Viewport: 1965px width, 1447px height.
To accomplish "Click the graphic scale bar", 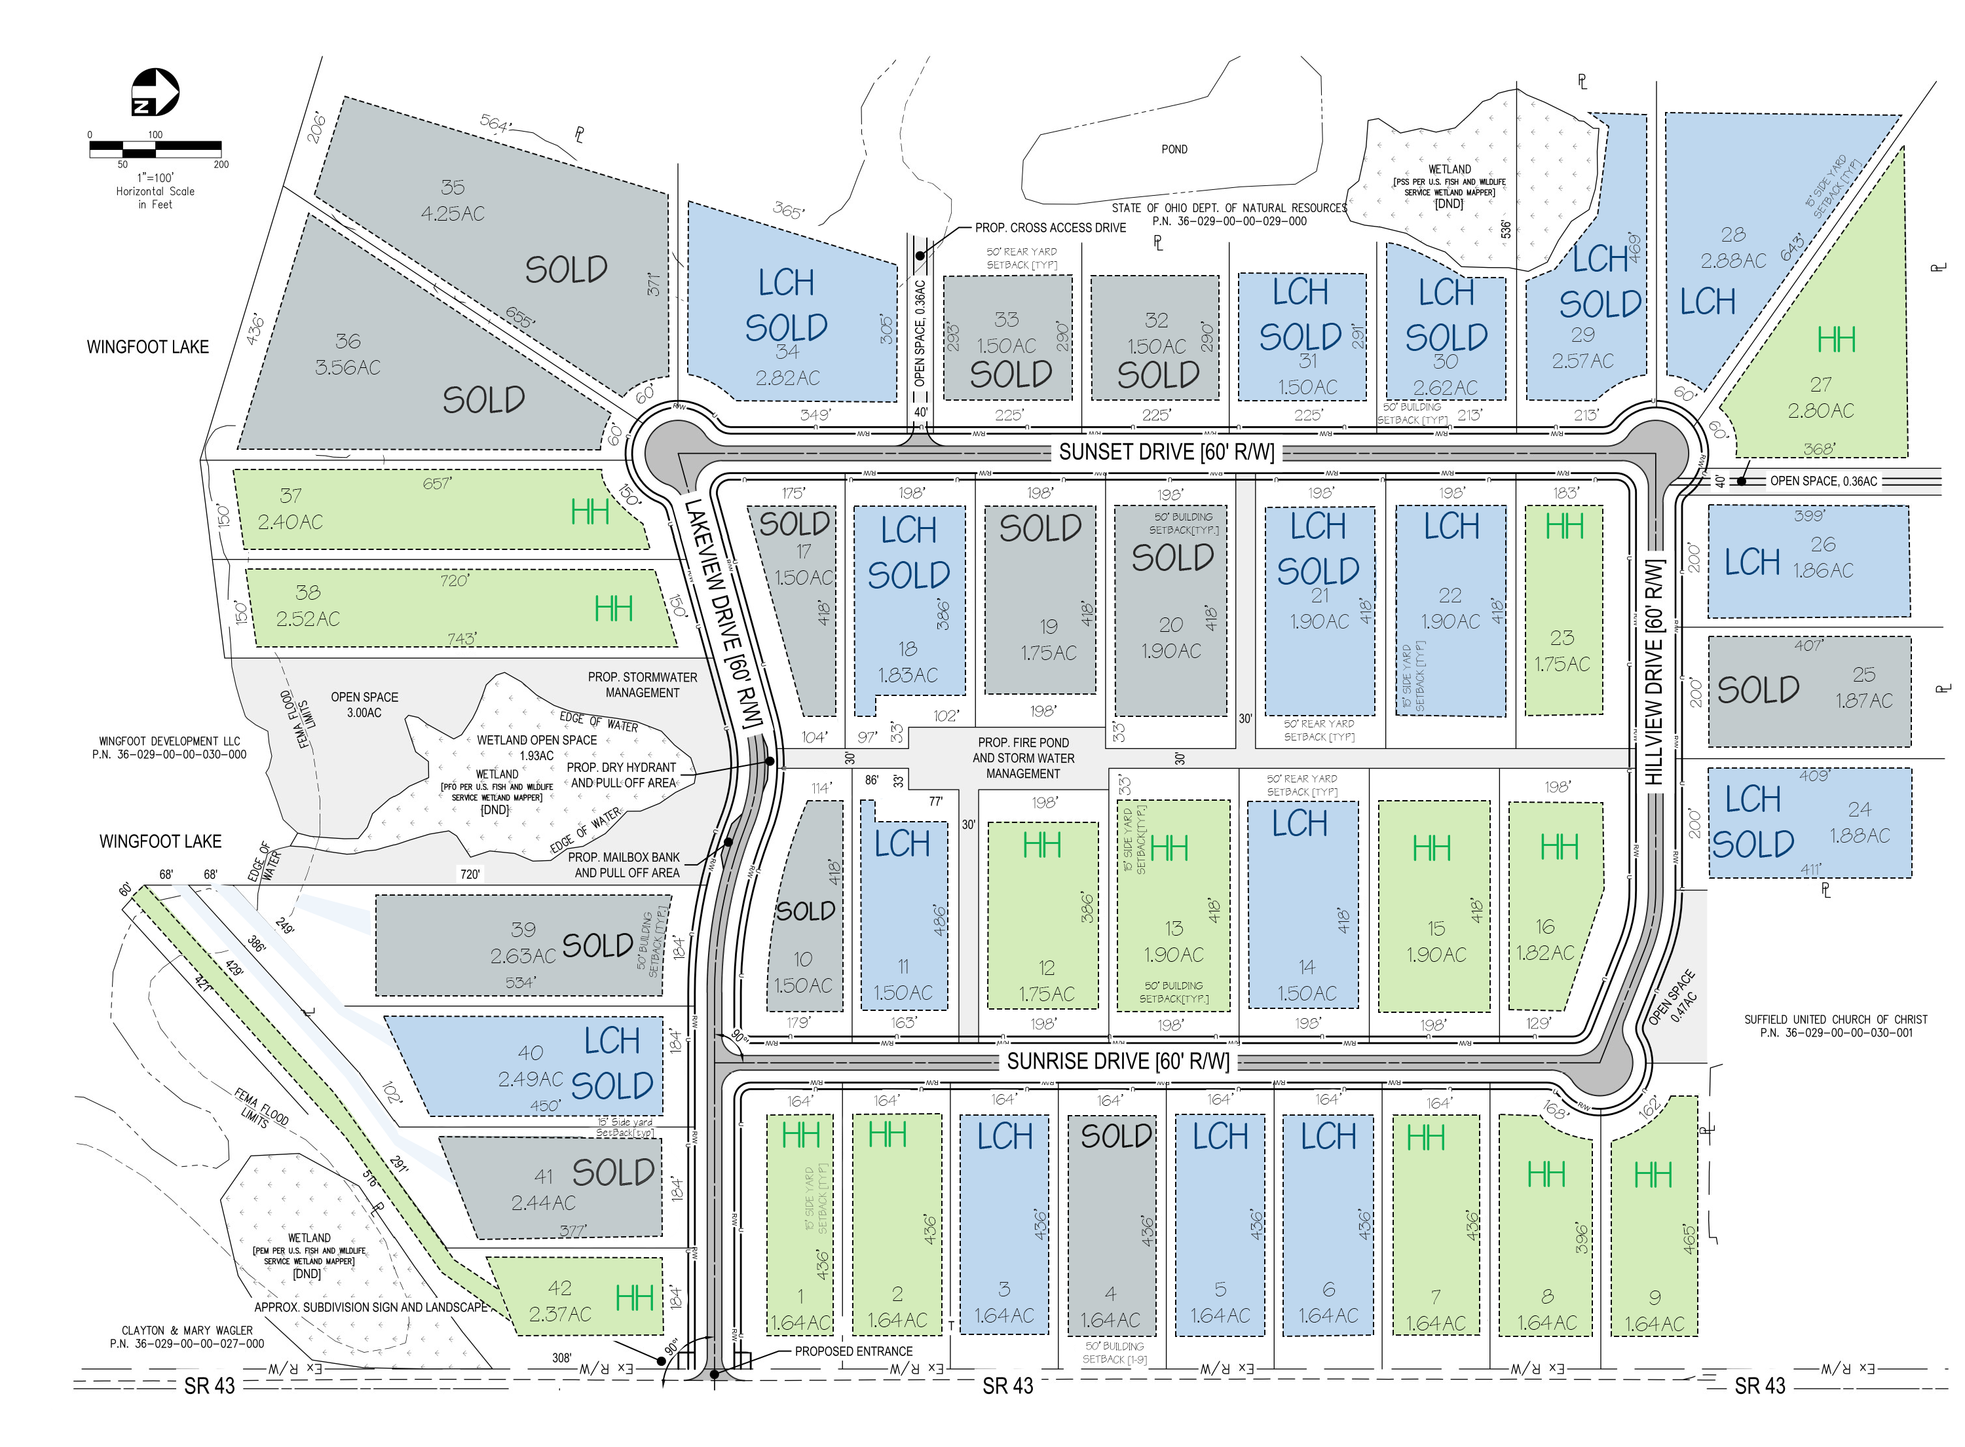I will tap(155, 149).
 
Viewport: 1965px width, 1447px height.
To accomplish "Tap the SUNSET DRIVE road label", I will tap(1165, 452).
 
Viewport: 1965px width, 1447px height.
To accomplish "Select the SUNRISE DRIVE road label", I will tap(1117, 1061).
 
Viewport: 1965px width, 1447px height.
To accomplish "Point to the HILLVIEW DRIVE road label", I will tap(1653, 672).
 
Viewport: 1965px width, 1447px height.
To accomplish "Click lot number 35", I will tap(452, 187).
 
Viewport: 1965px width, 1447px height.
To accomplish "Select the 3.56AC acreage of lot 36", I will tap(348, 368).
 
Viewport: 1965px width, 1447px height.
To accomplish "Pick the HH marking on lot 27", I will tap(1835, 340).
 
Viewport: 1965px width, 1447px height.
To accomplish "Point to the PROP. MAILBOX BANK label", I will tap(624, 858).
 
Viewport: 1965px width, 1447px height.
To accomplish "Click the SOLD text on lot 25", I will tap(1757, 690).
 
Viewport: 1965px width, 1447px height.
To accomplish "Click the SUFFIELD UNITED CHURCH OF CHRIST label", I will tap(1835, 1019).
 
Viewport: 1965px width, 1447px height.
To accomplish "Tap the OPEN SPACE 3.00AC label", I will tap(364, 705).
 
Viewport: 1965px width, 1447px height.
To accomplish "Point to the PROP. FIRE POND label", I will tap(1022, 742).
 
